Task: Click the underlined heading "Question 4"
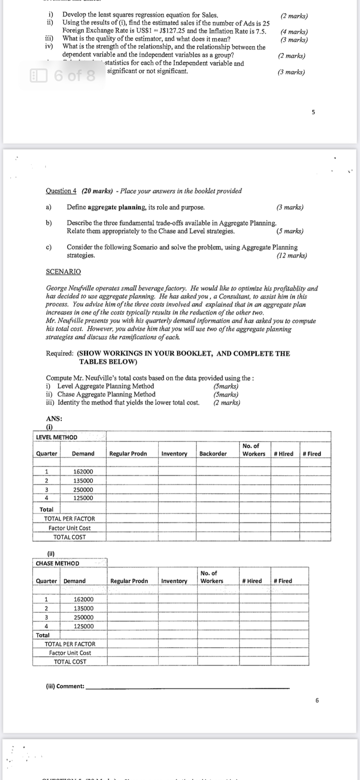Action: tap(61, 191)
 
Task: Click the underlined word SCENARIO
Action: tap(63, 272)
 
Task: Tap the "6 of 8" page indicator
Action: tap(74, 76)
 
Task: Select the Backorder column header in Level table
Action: tap(213, 453)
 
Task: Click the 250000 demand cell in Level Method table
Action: tap(83, 490)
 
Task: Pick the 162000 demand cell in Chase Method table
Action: tap(84, 599)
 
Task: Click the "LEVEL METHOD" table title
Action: tap(57, 437)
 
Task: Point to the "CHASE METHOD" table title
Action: tap(58, 563)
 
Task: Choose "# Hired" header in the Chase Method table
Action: tap(252, 581)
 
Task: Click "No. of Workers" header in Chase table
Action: tap(212, 577)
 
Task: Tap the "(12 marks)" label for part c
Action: tap(292, 256)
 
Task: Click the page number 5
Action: tap(313, 112)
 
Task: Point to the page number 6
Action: tap(317, 701)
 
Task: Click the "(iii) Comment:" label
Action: tap(65, 686)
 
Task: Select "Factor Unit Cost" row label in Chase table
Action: tap(70, 653)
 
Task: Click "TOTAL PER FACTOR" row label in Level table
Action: tap(69, 519)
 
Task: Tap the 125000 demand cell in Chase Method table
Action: tap(84, 626)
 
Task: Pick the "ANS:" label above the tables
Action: tap(54, 418)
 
